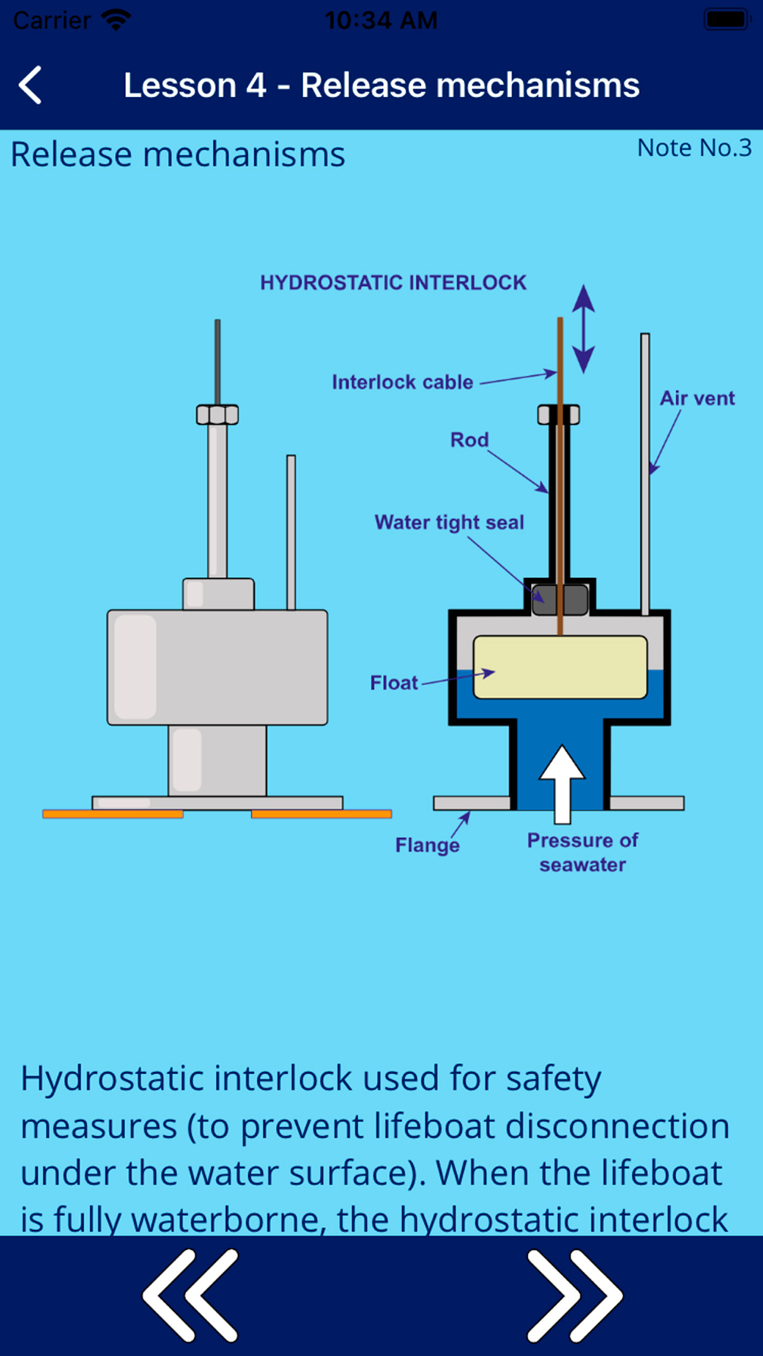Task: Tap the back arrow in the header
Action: (31, 85)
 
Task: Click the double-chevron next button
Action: (574, 1295)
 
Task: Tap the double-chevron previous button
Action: (191, 1295)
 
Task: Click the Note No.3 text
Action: (694, 148)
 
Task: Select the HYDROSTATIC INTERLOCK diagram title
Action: (393, 283)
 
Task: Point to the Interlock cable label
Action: (402, 382)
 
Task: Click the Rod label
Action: (468, 440)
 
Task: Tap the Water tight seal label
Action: (449, 522)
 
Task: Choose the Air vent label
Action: (697, 398)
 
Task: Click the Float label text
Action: (394, 683)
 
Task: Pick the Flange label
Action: (427, 845)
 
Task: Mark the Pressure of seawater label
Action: (582, 853)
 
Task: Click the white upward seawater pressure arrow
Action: (562, 782)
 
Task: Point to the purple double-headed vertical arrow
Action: (584, 329)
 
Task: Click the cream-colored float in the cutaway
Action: (560, 667)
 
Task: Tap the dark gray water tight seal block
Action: (560, 599)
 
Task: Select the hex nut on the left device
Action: (217, 415)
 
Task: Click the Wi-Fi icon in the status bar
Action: (116, 20)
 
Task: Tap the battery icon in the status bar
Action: (726, 20)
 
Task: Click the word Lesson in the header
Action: (179, 85)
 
